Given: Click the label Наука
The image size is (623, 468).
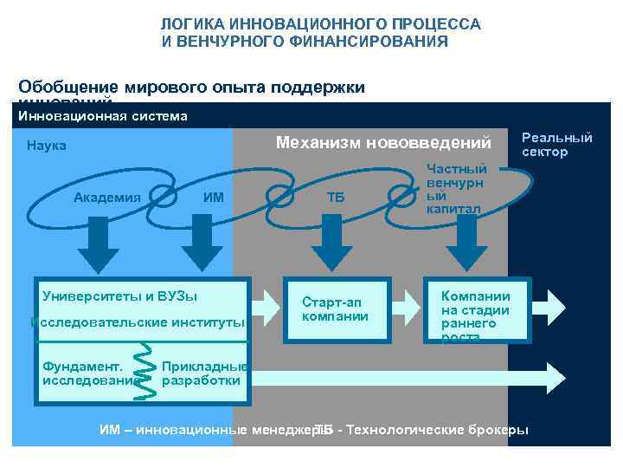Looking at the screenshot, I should (x=47, y=146).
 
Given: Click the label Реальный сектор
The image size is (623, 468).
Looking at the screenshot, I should (x=557, y=145).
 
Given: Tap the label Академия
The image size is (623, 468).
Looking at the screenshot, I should (x=107, y=197).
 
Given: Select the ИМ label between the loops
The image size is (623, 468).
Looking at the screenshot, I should (x=213, y=197).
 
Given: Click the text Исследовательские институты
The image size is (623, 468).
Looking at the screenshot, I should (x=138, y=323).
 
